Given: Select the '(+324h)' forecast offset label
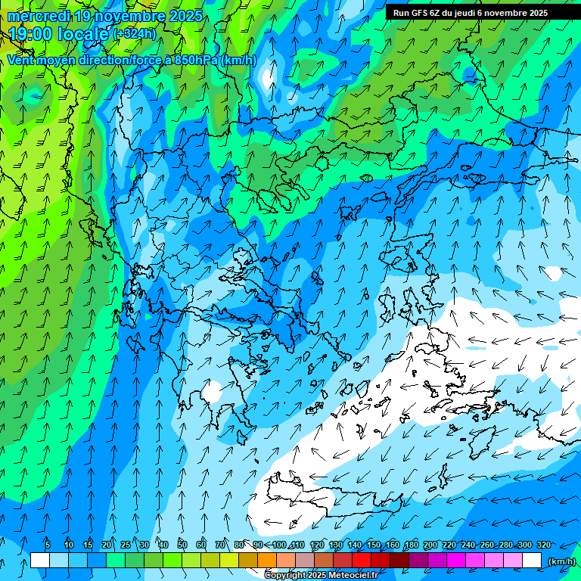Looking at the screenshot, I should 134,33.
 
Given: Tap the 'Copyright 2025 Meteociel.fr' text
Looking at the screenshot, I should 321,576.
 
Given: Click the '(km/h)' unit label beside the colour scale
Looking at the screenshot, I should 561,561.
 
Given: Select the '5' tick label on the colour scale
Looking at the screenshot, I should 47,545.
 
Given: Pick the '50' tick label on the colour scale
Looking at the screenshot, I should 182,545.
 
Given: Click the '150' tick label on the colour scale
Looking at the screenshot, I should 374,545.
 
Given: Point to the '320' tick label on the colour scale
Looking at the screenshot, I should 543,545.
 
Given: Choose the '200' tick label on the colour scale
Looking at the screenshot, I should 430,545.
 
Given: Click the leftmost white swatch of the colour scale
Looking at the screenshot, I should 40,561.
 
